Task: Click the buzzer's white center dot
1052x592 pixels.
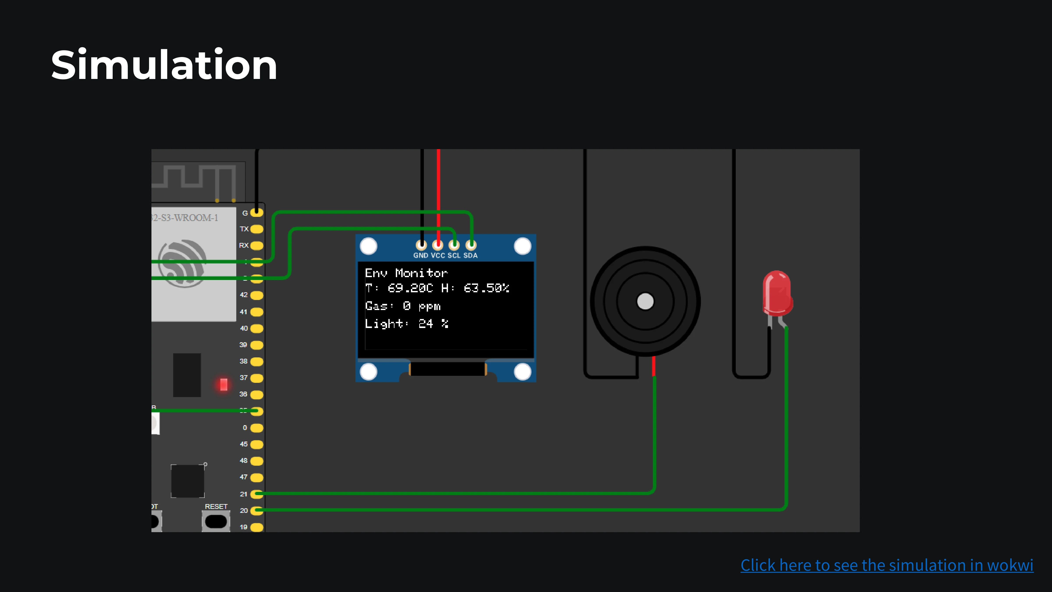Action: click(645, 301)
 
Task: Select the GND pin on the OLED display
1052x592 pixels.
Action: click(421, 245)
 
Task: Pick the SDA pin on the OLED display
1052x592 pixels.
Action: click(471, 245)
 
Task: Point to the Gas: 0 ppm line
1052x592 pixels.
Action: click(403, 306)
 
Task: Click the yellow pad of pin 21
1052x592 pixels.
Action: click(256, 494)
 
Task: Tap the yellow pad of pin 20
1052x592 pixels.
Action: click(256, 510)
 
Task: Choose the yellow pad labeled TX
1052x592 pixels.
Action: click(256, 229)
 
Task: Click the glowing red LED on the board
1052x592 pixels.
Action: click(223, 384)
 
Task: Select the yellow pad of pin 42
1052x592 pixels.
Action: click(256, 295)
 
